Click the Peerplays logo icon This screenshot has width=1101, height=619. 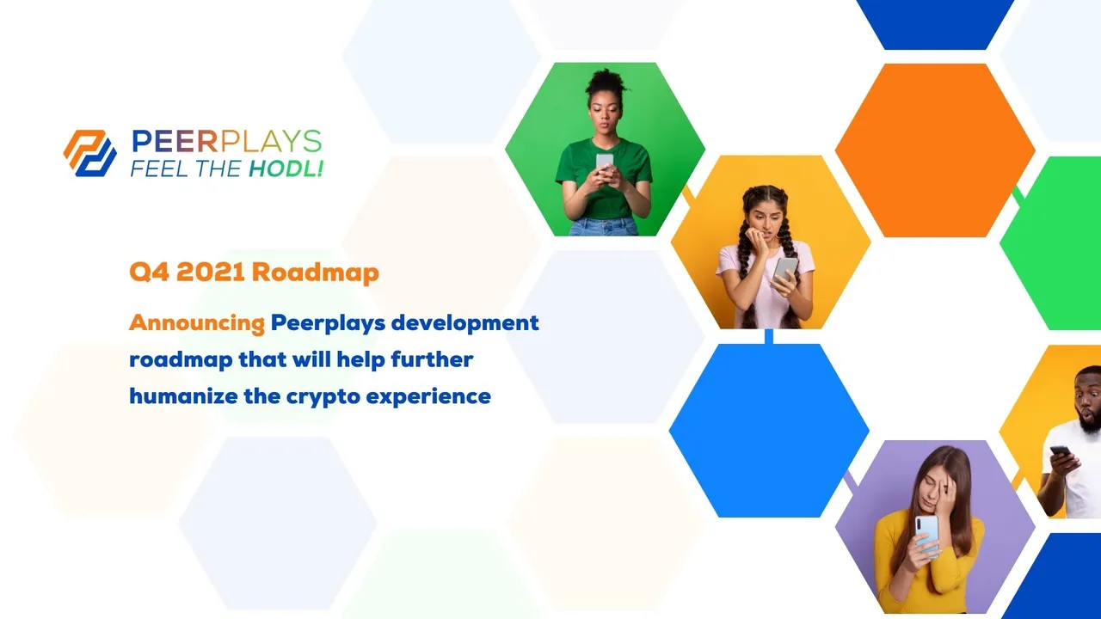click(90, 153)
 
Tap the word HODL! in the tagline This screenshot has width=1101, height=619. click(286, 169)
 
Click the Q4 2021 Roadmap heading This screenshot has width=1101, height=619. click(254, 272)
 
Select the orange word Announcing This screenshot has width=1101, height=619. click(197, 323)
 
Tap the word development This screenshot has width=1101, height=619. click(465, 324)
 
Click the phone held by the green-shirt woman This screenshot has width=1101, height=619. click(605, 162)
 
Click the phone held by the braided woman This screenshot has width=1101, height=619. click(785, 270)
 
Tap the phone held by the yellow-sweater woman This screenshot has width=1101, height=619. click(927, 535)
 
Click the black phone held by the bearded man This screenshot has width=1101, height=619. click(1061, 451)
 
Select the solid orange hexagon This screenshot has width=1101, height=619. click(935, 150)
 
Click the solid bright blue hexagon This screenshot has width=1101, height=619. click(769, 431)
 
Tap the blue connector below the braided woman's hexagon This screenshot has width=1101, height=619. click(769, 336)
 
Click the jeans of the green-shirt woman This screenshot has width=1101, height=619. click(604, 227)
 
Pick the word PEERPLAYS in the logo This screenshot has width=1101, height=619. click(226, 142)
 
